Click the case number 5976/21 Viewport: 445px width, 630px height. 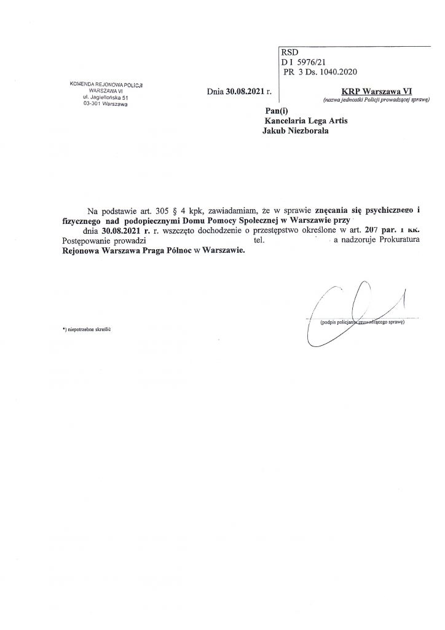[315, 62]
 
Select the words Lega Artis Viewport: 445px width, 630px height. [326, 121]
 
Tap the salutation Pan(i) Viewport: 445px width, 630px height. [273, 110]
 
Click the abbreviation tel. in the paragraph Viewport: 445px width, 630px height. [250, 241]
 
